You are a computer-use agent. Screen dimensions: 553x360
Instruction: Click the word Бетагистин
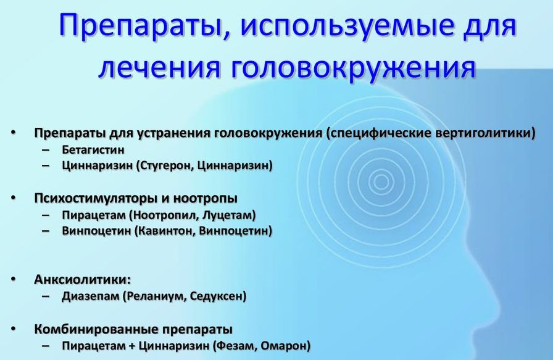93,149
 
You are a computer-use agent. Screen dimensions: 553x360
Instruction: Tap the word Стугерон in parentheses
165,165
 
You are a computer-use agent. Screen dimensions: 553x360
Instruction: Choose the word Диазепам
91,296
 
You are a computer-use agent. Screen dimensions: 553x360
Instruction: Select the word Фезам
235,346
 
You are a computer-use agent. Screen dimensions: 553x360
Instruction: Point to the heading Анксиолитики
83,280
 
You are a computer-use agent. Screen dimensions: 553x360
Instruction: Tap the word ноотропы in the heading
206,199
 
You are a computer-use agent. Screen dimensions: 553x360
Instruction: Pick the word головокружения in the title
354,67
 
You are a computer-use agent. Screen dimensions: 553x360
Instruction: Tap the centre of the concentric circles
381,182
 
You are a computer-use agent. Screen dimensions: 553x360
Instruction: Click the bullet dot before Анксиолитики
14,280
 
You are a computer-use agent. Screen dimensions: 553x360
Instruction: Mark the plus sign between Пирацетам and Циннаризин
132,346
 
